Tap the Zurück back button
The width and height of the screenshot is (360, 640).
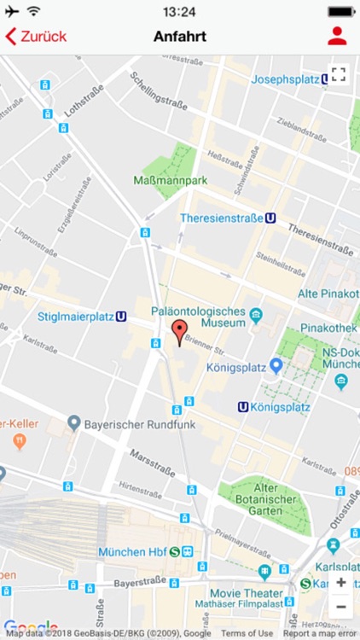pos(36,37)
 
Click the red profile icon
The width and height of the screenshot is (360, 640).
pos(337,36)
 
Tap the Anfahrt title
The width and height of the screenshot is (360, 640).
pos(180,37)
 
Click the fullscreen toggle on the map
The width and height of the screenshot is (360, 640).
pos(339,74)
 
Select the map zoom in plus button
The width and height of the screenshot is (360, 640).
pos(340,582)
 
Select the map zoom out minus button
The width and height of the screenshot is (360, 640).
pos(340,607)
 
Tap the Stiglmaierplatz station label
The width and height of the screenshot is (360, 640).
pos(76,316)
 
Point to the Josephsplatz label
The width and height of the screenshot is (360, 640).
pos(284,79)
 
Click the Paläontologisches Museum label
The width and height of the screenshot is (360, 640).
pos(198,317)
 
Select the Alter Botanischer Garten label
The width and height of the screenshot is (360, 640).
pos(266,501)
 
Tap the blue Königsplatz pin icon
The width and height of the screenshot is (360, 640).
pos(276,365)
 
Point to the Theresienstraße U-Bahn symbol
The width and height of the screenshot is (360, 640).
pos(270,218)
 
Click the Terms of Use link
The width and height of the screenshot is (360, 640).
pos(247,633)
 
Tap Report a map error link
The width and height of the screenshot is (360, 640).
pos(319,633)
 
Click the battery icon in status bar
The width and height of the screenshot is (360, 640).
pos(341,12)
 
